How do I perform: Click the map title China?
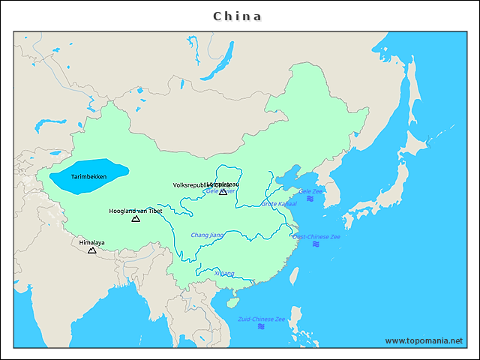(x=238, y=16)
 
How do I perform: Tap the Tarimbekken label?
(x=88, y=176)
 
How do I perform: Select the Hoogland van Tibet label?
(x=135, y=211)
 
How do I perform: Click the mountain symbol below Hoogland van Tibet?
(x=136, y=219)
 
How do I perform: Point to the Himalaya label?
(x=92, y=242)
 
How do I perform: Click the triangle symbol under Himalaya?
(x=92, y=250)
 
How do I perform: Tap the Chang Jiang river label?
(x=207, y=235)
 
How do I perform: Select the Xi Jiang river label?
(x=224, y=273)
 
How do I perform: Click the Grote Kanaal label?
(x=279, y=203)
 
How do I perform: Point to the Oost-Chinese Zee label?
(x=316, y=236)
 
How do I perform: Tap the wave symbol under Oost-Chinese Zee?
(x=316, y=244)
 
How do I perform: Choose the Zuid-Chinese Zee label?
(x=262, y=319)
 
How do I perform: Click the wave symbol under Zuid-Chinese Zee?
(x=262, y=327)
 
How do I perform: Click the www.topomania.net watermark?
(x=424, y=340)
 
